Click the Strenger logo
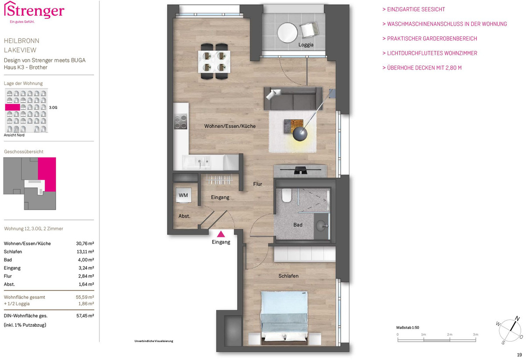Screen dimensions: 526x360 coord(34,12)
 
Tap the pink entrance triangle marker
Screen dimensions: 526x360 coord(221,234)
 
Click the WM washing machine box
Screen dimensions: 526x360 coord(183,195)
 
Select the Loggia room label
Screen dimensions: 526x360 coord(306,45)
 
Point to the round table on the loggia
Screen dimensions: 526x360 coord(287,32)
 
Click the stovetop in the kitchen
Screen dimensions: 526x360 coord(181,121)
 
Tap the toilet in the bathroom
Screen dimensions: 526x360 coord(287,195)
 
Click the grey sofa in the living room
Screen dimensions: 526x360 coord(293,99)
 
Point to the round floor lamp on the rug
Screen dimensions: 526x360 coord(300,134)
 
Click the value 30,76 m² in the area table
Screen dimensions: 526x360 coord(85,244)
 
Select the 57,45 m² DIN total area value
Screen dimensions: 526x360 coord(85,316)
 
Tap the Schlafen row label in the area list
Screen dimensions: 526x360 coord(13,251)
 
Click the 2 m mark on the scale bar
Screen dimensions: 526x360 coord(449,335)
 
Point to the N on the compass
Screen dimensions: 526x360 coord(517,318)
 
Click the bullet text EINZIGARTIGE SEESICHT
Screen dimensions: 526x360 coord(416,9)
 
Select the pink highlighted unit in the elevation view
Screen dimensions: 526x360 coord(12,107)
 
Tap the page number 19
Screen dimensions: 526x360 coord(519,355)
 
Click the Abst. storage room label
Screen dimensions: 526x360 coord(185,216)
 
